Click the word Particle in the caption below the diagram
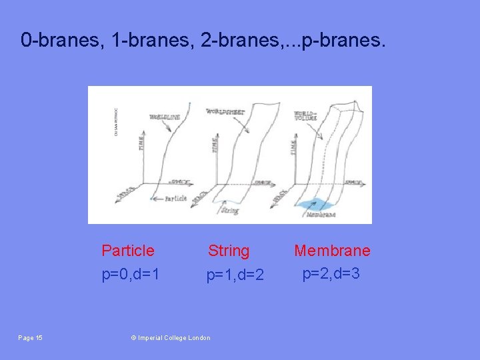click(127, 251)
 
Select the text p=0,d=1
click(130, 273)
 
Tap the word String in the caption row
click(229, 251)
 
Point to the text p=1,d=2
click(235, 274)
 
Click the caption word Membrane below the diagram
click(332, 251)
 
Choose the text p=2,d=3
click(331, 273)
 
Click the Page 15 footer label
click(31, 338)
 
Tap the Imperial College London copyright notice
click(171, 338)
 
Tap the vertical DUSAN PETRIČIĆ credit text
click(117, 120)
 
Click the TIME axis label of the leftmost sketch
click(140, 141)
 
